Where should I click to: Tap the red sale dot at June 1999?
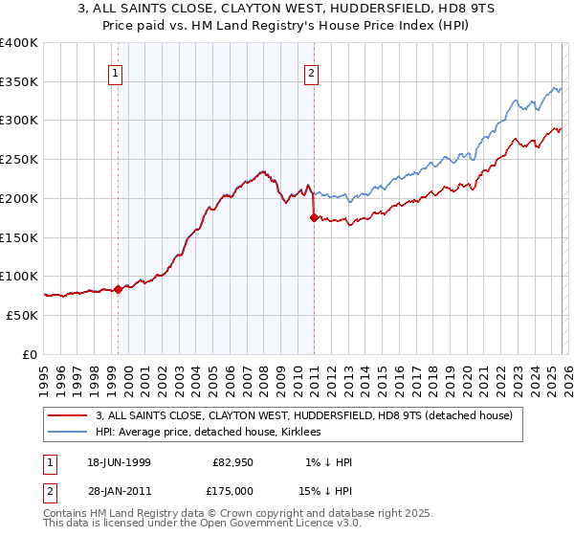pyautogui.click(x=118, y=289)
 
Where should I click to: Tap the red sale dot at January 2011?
pyautogui.click(x=314, y=217)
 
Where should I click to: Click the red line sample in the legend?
pyautogui.click(x=69, y=415)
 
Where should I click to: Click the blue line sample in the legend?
pyautogui.click(x=69, y=432)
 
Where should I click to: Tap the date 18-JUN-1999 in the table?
pyautogui.click(x=118, y=462)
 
